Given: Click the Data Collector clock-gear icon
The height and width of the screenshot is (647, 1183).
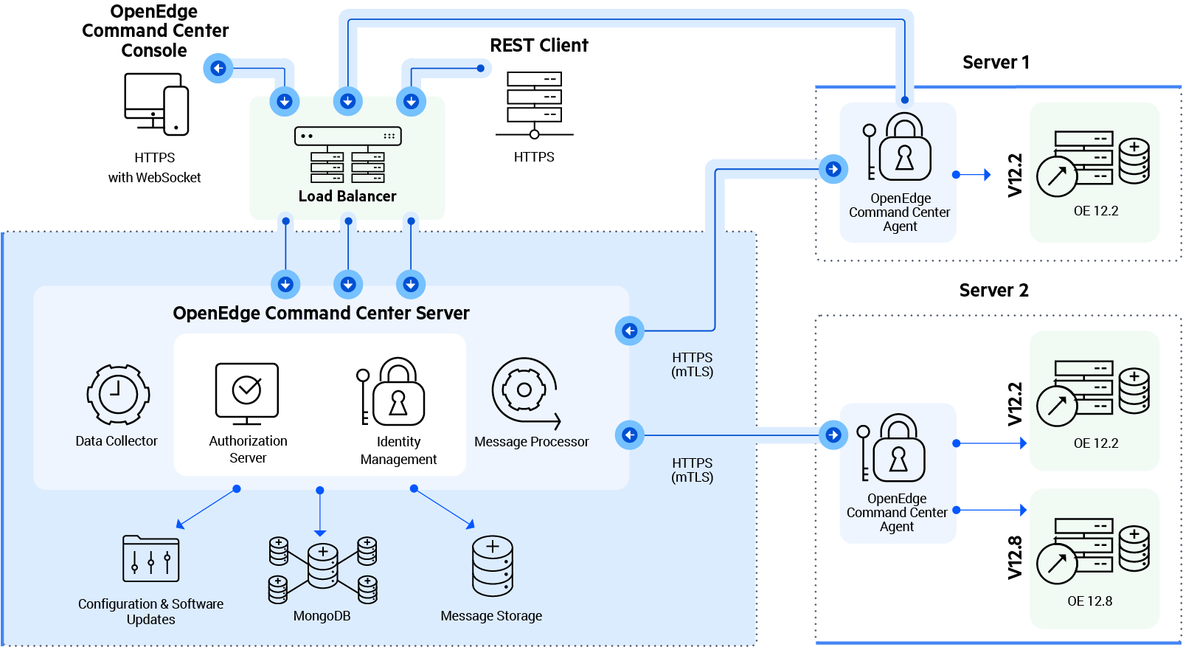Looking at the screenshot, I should point(118,395).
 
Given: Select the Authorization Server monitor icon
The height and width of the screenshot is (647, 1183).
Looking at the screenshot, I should point(246,393).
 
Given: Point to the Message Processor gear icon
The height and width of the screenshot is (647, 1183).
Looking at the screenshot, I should point(524,391).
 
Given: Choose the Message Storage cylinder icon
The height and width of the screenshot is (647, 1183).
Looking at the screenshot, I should point(493,566).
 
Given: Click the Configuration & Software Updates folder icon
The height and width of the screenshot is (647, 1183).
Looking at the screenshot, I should point(150,558).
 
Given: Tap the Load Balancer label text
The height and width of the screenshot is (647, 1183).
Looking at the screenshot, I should point(347,196).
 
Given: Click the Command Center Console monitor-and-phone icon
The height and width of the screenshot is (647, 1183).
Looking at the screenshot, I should point(156,104).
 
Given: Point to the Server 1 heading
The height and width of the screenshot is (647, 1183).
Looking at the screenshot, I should point(995,63).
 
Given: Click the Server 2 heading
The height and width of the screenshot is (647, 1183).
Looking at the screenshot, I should point(993,291).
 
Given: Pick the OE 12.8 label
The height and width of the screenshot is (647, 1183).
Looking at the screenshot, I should point(1089,601).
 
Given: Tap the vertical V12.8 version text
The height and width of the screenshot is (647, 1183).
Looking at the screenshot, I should point(1015,557).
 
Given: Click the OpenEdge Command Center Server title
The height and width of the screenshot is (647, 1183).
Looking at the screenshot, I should point(321,314).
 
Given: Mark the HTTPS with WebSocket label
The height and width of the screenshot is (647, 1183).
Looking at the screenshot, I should point(154,167).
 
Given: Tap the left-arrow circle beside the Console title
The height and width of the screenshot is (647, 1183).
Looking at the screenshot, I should point(218,69).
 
